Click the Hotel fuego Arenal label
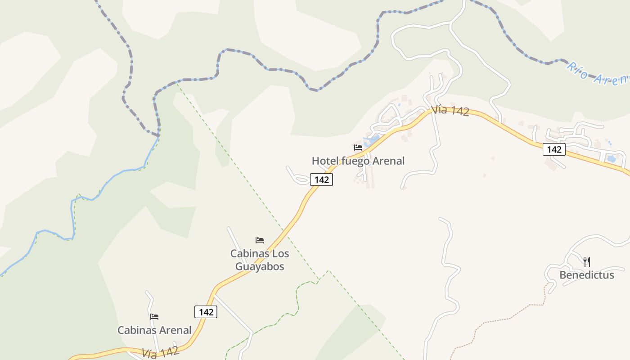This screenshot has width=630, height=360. pyautogui.click(x=358, y=161)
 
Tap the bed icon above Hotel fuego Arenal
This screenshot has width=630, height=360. pyautogui.click(x=358, y=147)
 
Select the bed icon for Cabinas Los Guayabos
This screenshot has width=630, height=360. pyautogui.click(x=260, y=240)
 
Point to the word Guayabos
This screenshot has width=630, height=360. pyautogui.click(x=260, y=266)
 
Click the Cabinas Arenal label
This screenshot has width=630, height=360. pyautogui.click(x=154, y=330)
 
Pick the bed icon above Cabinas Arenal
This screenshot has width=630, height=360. pyautogui.click(x=154, y=317)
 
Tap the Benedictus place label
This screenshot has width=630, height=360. pyautogui.click(x=586, y=275)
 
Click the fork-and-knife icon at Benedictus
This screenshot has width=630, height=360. pyautogui.click(x=586, y=261)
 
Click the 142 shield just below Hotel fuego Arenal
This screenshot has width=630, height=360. pyautogui.click(x=321, y=180)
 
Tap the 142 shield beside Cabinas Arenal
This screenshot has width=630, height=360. pyautogui.click(x=206, y=312)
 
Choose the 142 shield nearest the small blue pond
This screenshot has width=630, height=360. pyautogui.click(x=553, y=149)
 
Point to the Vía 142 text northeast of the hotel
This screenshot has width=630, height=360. pyautogui.click(x=450, y=111)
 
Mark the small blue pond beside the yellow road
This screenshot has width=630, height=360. pyautogui.click(x=611, y=159)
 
